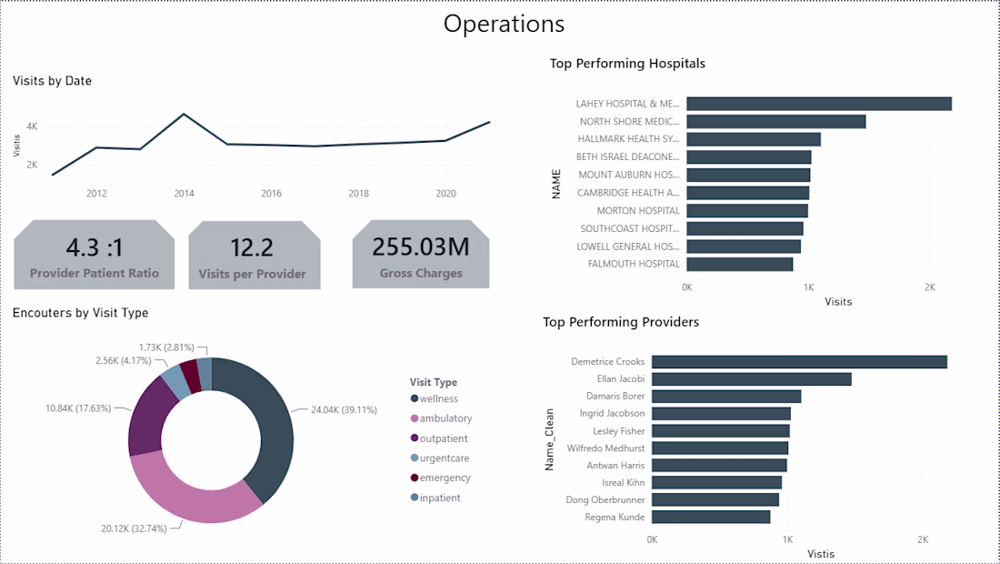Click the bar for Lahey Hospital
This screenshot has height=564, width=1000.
819,104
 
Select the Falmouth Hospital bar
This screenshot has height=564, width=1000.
740,264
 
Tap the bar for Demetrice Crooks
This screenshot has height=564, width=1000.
799,362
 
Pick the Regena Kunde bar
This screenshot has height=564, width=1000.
711,517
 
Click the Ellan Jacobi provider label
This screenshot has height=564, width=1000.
621,378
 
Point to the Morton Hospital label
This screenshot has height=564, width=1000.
638,210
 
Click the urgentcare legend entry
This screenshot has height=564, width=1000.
440,458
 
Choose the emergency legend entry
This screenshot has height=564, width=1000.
441,478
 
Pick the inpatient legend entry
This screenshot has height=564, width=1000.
435,498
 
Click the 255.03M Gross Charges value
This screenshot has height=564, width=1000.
421,247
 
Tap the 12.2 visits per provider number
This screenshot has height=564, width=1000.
252,247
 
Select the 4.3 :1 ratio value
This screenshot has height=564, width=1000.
95,247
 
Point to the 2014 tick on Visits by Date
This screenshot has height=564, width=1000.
184,194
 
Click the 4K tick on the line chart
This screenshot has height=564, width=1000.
32,126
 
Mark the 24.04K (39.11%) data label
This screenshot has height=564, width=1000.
344,409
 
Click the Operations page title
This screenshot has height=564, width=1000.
504,24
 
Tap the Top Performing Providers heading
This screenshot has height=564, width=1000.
621,322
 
